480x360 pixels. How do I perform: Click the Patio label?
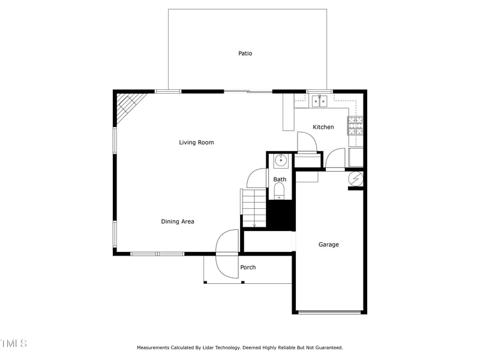(245, 53)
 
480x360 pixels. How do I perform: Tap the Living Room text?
(196, 142)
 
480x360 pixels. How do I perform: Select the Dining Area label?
(177, 221)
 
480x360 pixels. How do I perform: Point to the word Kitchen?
(323, 127)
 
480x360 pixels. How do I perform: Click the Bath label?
(280, 179)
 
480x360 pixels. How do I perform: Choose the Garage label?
(328, 245)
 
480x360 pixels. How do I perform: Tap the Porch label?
(248, 268)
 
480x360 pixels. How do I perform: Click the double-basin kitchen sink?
(319, 101)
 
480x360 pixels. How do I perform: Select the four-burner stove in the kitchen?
(355, 125)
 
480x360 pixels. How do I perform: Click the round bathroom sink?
(281, 161)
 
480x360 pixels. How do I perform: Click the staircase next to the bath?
(253, 208)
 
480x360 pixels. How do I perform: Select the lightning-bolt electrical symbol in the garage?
(356, 178)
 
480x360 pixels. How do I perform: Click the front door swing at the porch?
(227, 254)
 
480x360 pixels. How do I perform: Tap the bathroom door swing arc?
(256, 178)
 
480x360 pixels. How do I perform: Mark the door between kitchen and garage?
(335, 161)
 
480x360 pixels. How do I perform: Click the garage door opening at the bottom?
(329, 312)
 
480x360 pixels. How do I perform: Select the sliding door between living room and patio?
(248, 91)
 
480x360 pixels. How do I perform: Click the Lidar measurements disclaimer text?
(239, 347)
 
